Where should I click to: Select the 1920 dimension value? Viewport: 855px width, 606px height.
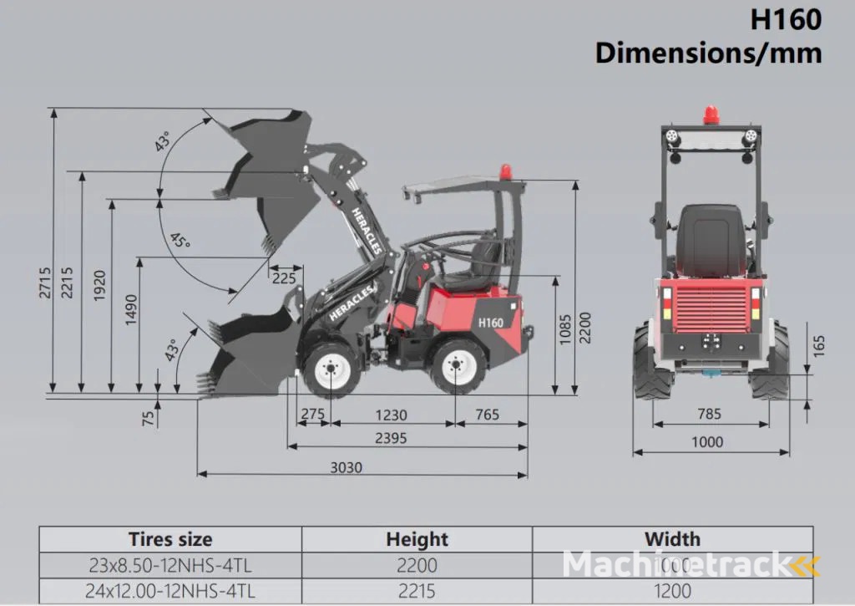[100, 287]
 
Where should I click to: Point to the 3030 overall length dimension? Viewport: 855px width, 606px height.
[345, 467]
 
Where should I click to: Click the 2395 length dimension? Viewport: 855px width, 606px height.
[392, 438]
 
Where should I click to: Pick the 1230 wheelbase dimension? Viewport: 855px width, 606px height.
[391, 415]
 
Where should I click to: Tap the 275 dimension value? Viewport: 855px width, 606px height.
[312, 415]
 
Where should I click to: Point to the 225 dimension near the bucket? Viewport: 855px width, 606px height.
[283, 278]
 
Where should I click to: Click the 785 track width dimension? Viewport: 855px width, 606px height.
[708, 414]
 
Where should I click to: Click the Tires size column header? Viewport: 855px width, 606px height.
[170, 539]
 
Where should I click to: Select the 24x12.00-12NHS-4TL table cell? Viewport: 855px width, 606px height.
[169, 591]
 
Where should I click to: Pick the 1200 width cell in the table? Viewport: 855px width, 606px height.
[673, 591]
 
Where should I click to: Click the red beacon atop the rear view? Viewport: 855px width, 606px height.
[711, 115]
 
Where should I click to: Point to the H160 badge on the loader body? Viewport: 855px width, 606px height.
[490, 322]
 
